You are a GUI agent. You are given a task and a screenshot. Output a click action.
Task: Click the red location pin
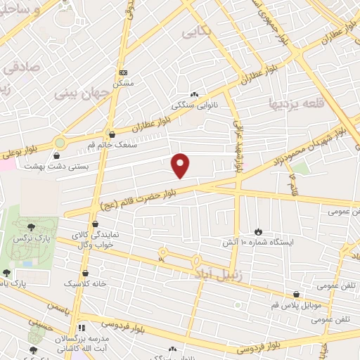click(181, 165)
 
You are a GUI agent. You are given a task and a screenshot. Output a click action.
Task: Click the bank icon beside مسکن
click(124, 72)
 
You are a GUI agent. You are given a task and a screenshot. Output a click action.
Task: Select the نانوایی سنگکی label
click(195, 105)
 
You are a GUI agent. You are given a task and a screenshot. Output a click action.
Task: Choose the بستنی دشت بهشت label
click(56, 166)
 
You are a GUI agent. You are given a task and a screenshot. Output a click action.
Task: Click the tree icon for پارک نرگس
click(31, 226)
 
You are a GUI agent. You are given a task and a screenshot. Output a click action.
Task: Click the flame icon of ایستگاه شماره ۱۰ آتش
click(259, 231)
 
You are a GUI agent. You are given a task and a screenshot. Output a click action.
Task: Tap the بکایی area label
click(196, 32)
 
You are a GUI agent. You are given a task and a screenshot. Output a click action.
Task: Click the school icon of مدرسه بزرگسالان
click(82, 328)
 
